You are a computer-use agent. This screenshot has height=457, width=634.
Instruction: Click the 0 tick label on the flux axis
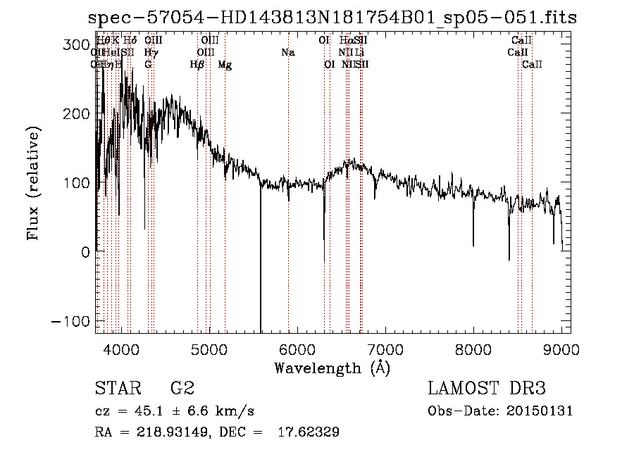click(85, 252)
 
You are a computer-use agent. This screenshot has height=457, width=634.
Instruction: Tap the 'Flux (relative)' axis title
click(34, 183)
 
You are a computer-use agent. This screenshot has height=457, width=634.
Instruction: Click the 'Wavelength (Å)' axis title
click(332, 368)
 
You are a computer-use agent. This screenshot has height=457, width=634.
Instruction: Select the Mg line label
click(225, 65)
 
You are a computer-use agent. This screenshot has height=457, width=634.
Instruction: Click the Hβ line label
click(197, 65)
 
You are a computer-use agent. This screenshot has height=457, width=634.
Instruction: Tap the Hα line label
click(346, 41)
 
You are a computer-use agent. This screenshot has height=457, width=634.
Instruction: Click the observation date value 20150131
click(541, 411)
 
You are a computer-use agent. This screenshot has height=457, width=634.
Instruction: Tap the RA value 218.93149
click(162, 432)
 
